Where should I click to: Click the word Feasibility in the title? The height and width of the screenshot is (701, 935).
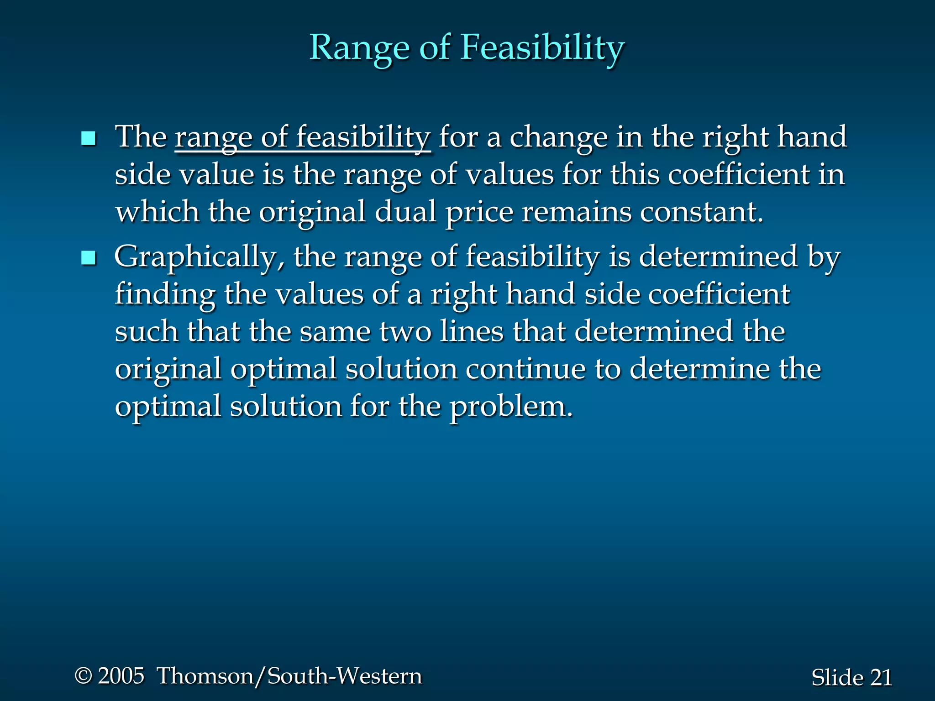click(x=542, y=48)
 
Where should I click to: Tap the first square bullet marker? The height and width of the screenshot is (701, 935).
click(x=88, y=138)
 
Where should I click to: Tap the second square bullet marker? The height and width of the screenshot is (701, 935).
click(x=88, y=258)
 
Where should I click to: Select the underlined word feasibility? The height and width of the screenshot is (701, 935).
click(x=363, y=137)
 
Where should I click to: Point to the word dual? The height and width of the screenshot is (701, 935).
click(x=405, y=212)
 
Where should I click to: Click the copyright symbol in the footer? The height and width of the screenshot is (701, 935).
click(x=83, y=676)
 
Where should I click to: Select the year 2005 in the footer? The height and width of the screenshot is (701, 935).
click(x=121, y=676)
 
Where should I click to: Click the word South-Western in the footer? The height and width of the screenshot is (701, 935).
click(x=345, y=676)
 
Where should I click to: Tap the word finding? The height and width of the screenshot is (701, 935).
click(x=165, y=294)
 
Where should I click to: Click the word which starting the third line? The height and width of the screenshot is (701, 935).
click(x=157, y=212)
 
